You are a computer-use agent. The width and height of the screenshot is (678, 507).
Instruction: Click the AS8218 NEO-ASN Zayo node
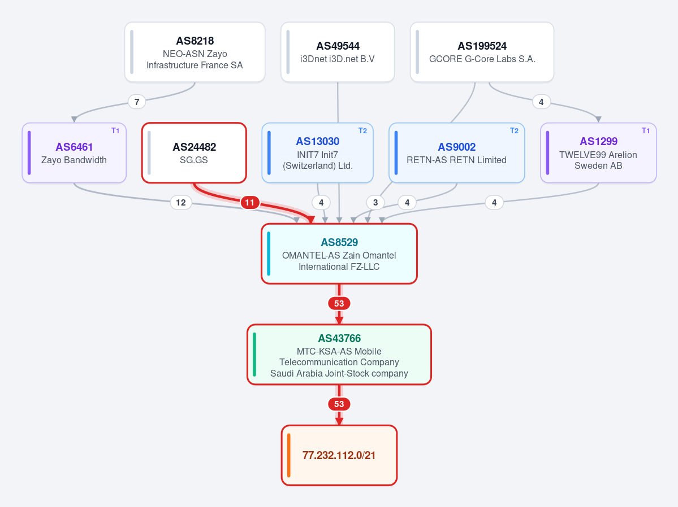(x=195, y=53)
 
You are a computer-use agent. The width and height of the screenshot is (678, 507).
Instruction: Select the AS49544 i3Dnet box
(x=338, y=53)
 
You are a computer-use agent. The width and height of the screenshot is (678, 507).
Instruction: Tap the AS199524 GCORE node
(x=482, y=53)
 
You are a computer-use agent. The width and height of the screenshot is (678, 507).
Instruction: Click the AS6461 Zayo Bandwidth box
(x=74, y=153)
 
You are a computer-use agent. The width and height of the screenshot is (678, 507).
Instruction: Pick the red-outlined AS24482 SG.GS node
(x=194, y=153)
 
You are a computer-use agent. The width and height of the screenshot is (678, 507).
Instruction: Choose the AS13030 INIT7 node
(x=317, y=153)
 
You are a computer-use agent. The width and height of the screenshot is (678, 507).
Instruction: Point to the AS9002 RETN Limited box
(x=456, y=153)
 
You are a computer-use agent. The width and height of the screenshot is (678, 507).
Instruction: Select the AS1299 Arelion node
(x=598, y=153)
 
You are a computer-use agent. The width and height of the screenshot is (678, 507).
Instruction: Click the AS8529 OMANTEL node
(x=339, y=254)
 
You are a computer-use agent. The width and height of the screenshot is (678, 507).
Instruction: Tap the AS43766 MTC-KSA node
(x=339, y=355)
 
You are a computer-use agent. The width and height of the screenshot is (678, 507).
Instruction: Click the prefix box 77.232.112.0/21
(x=339, y=455)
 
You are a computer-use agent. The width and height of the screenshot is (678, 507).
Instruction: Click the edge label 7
(x=137, y=102)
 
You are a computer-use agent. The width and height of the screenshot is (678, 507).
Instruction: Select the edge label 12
(x=181, y=203)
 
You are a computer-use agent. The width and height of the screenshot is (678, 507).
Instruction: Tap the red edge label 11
(x=250, y=203)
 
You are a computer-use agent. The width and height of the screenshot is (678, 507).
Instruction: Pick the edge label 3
(x=375, y=203)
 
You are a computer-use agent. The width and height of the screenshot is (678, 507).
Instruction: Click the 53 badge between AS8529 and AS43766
(x=339, y=304)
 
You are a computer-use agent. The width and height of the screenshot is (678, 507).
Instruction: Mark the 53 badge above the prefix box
(x=339, y=404)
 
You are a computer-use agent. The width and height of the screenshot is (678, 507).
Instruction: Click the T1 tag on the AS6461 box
(x=115, y=131)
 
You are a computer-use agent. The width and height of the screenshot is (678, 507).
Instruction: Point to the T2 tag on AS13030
(x=363, y=131)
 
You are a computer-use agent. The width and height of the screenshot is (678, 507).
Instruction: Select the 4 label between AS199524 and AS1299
(x=541, y=102)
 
